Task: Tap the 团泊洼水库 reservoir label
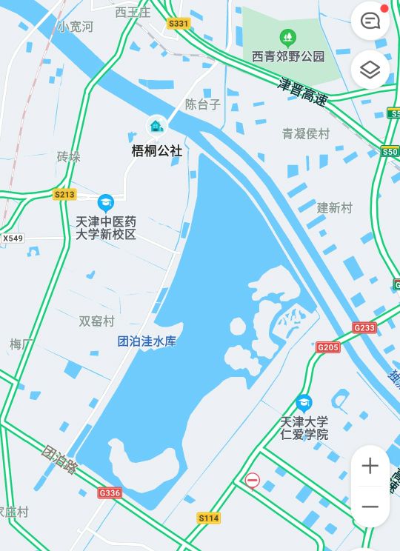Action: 147,341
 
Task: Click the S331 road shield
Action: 179,24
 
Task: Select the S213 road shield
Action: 65,195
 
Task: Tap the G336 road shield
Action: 109,492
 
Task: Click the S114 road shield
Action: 209,518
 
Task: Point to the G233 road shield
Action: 364,327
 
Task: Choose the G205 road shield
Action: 328,347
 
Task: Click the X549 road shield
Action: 13,238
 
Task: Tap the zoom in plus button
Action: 370,466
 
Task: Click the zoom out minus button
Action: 370,507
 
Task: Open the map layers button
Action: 370,70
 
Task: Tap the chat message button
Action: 370,21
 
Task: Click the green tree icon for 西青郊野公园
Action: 287,37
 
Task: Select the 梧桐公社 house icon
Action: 156,126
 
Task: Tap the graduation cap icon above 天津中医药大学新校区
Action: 106,202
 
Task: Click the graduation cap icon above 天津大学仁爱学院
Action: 304,404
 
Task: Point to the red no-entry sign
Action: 253,481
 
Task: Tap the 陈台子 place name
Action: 203,104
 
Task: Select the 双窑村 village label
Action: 97,321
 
